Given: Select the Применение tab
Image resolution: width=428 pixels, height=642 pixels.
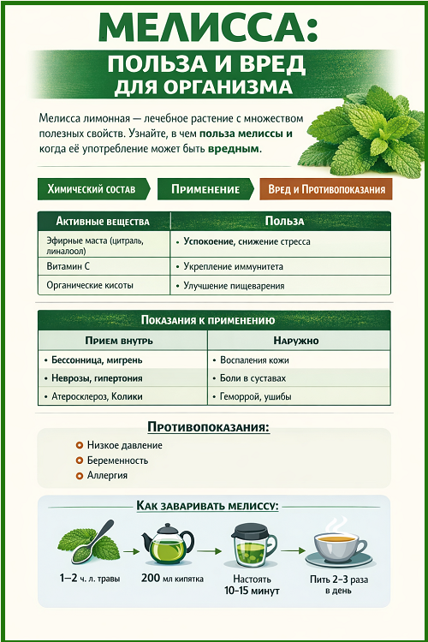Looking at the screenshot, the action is coord(205,189).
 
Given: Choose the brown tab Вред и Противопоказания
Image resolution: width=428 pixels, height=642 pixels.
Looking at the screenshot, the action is coord(324,189).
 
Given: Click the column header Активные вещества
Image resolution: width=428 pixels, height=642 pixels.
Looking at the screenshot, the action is coord(103,221).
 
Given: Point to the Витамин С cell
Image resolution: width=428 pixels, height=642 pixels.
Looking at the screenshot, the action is coord(68,266).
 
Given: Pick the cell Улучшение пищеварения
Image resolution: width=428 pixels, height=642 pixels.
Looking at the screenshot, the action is coord(234,286).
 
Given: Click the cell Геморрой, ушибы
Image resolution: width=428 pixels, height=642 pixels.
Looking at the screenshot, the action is coord(258,397).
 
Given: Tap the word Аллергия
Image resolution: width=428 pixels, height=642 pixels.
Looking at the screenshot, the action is coord(108,475).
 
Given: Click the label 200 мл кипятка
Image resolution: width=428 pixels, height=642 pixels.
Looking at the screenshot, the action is coord(172,580).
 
